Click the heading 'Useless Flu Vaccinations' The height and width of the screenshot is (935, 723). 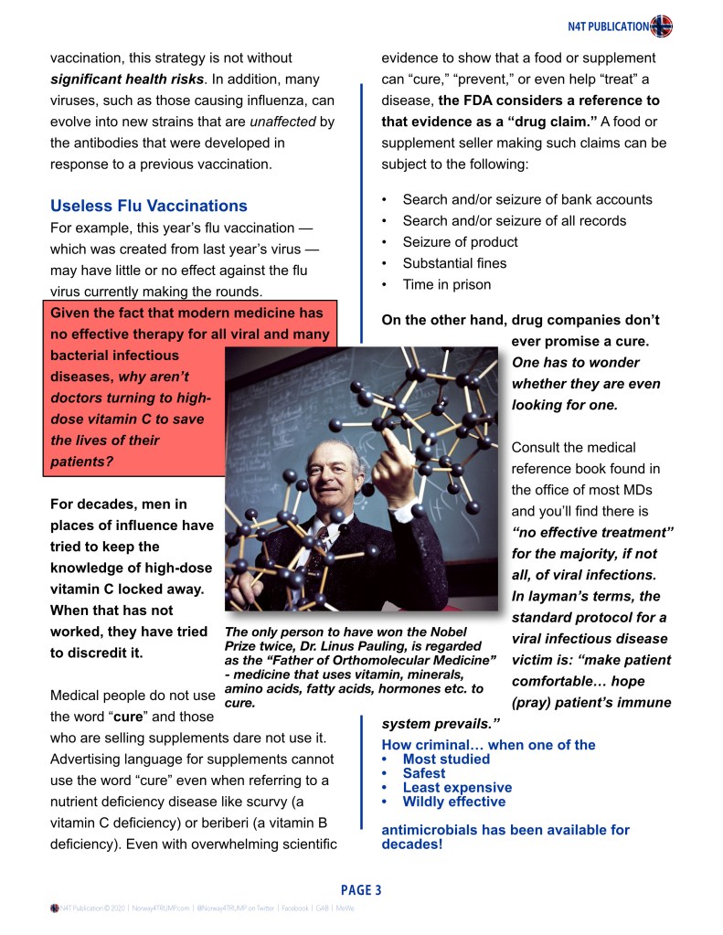[148, 206]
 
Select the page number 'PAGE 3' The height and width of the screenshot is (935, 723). [361, 889]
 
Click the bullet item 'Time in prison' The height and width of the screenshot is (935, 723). [447, 284]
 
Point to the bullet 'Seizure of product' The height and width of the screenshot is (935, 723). [460, 242]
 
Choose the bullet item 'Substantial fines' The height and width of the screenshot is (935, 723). [454, 263]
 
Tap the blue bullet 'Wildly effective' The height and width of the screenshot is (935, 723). [453, 802]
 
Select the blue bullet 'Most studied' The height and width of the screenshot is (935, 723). [446, 759]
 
